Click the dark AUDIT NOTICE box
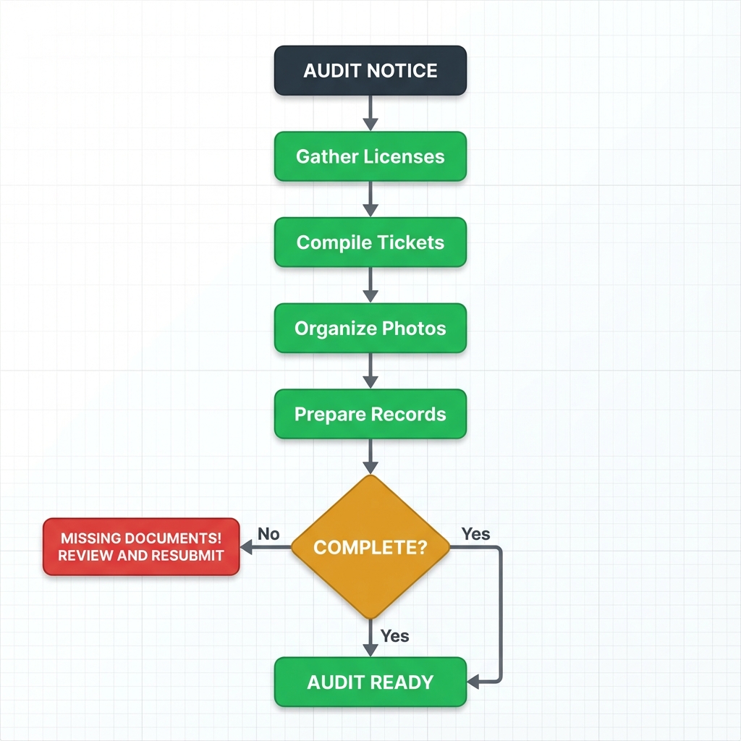tap(370, 70)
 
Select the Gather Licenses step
tap(370, 156)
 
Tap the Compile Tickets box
tap(370, 242)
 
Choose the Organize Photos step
tap(370, 329)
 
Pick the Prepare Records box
tap(370, 415)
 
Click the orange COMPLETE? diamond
tap(370, 547)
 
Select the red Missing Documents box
tap(141, 547)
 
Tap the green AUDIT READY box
tap(370, 682)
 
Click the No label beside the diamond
tap(268, 534)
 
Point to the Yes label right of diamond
tap(475, 534)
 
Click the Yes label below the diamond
tap(394, 636)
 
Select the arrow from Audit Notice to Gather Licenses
tap(370, 113)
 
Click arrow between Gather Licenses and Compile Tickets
tap(370, 199)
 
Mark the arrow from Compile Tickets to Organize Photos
tap(370, 285)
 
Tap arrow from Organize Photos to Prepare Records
tap(370, 371)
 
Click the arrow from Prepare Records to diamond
tap(370, 457)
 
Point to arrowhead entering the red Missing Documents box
tap(246, 549)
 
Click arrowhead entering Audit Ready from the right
tap(474, 682)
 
